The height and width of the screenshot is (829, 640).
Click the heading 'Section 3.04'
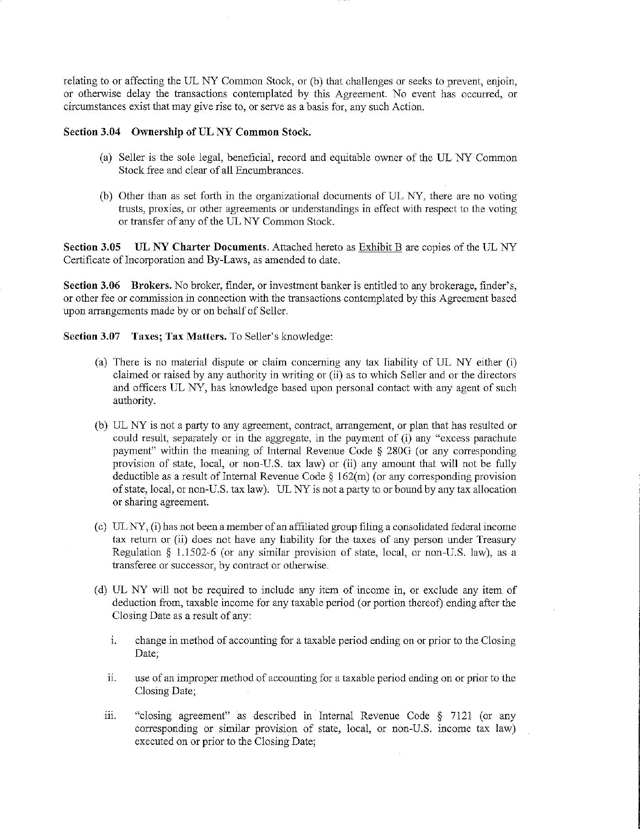(91, 132)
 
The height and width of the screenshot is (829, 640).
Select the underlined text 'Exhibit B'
(380, 247)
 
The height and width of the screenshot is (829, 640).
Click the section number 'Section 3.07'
(91, 337)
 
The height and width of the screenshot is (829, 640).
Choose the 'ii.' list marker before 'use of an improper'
(112, 678)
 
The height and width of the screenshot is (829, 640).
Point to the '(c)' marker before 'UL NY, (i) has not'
(101, 527)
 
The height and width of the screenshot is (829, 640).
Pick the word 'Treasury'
(496, 540)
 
